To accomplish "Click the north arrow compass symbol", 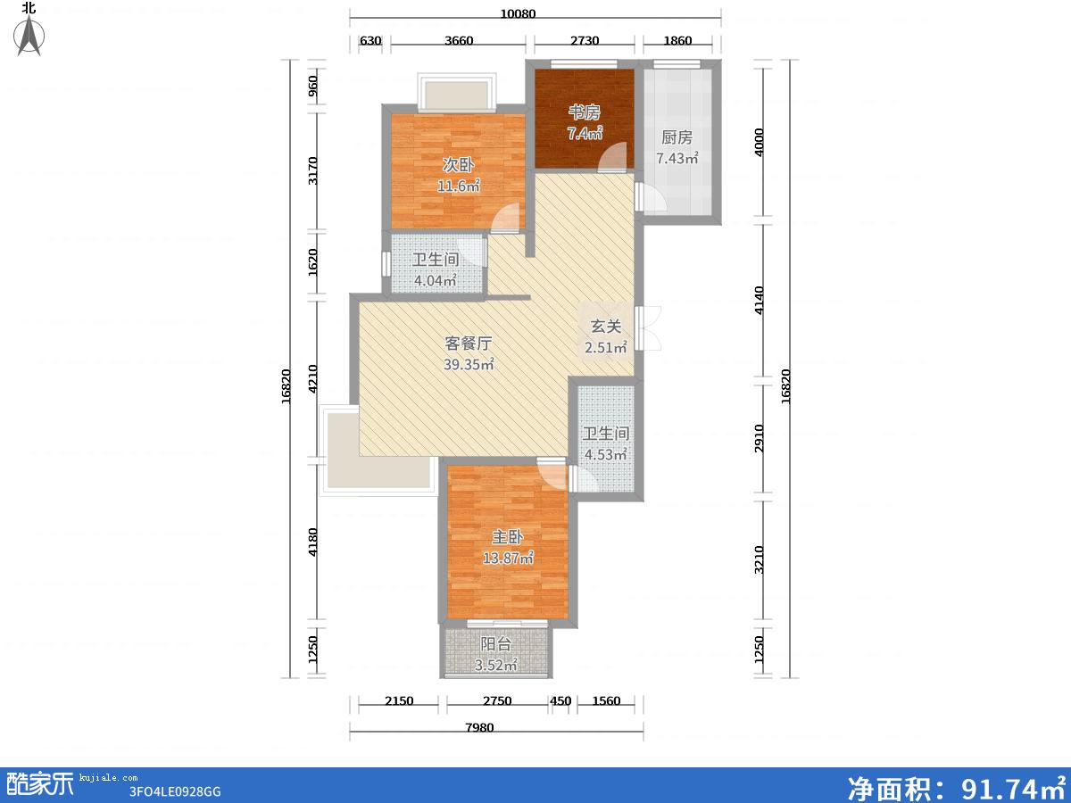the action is pos(29,35).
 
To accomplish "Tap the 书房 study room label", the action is pos(584,112).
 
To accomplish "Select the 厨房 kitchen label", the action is pos(677,137).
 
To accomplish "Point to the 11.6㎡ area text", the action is pos(459,186).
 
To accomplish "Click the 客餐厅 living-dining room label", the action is pos(469,344).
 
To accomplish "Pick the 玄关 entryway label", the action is pos(606,327).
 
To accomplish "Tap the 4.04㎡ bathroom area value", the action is pos(436,280).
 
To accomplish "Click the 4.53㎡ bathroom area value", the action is pos(605,454).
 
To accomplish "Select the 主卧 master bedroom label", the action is pos(508,537).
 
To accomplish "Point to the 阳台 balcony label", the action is pos(495,644).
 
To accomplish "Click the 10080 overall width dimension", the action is pos(519,13).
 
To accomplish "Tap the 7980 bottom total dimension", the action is pos(479,728).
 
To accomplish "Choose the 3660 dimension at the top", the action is pos(459,40).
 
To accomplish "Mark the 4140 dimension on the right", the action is pos(759,301).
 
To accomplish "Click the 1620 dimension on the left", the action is pos(312,262).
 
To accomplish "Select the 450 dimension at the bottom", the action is pos(560,701).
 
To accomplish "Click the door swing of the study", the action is pos(613,156).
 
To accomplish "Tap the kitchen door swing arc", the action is pos(652,197).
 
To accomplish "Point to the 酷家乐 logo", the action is pos(39,784).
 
